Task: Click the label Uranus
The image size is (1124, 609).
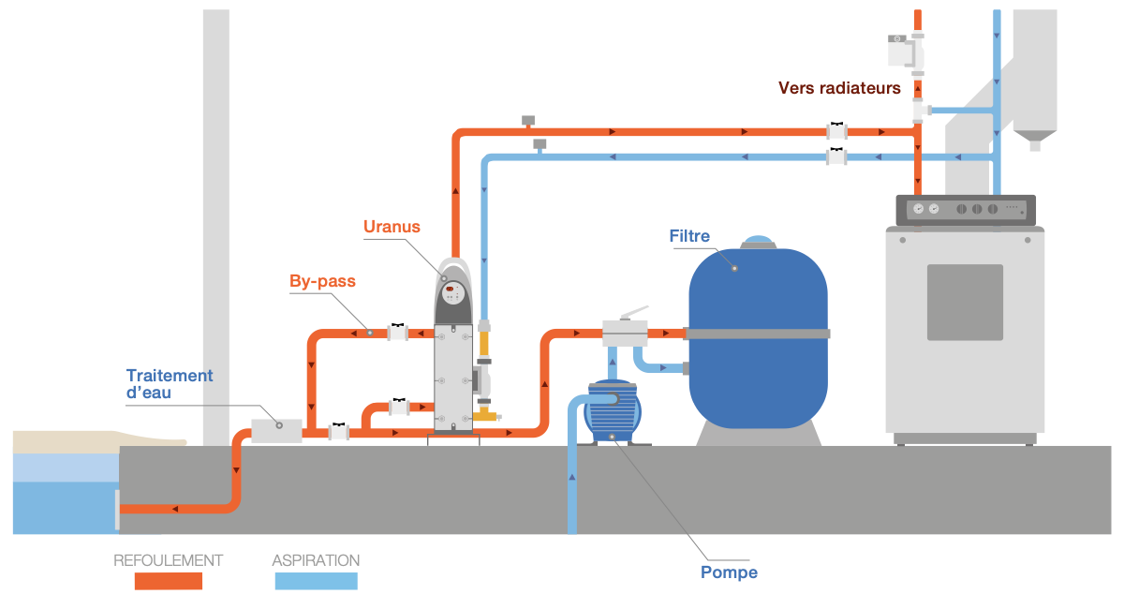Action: tap(392, 227)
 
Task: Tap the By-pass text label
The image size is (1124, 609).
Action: tap(322, 281)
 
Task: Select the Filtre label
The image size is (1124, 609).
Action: tap(689, 235)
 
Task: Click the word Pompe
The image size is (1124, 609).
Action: tap(729, 572)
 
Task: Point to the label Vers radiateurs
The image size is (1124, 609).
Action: tap(839, 88)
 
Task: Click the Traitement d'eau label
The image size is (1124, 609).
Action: tap(170, 384)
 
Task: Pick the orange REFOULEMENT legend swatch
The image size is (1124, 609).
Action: tap(169, 582)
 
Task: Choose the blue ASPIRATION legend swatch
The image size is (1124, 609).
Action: tap(316, 582)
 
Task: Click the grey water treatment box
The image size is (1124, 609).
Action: tap(276, 430)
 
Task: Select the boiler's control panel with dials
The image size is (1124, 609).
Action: tap(965, 210)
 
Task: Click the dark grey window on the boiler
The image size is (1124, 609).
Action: tap(965, 302)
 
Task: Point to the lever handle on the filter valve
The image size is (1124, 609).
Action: tap(634, 312)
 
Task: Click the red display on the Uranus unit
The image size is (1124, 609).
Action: tap(451, 289)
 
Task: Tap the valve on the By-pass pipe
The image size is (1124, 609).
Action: tap(398, 332)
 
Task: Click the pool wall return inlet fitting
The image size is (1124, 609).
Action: tap(118, 509)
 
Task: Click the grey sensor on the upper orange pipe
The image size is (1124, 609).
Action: tap(527, 121)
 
